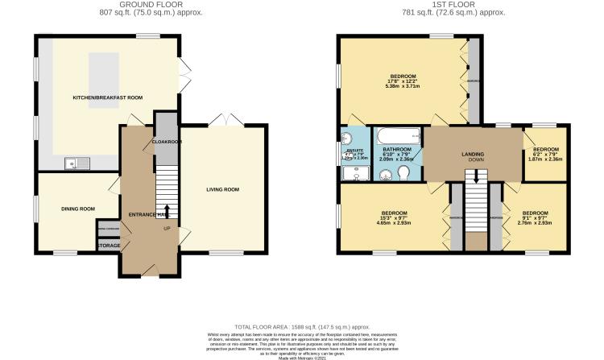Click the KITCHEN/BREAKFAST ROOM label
(107, 97)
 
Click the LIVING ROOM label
(223, 189)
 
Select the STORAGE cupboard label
(109, 246)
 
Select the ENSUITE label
(355, 151)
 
